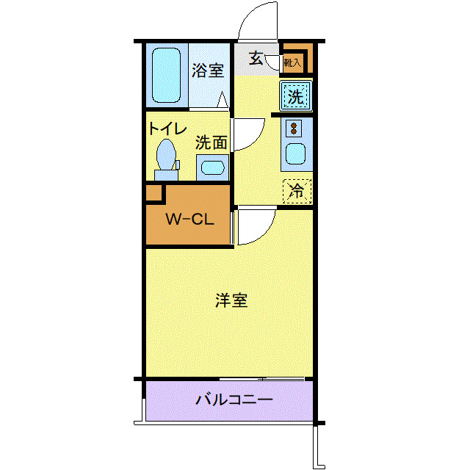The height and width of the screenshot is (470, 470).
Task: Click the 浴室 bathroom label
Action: click(208, 71)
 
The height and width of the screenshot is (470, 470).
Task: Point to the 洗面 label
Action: click(211, 142)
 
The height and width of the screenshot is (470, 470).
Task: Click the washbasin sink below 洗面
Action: click(213, 167)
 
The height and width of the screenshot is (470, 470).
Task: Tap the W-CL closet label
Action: click(189, 220)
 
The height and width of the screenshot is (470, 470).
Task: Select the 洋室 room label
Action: click(231, 300)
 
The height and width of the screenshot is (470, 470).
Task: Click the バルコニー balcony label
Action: click(234, 400)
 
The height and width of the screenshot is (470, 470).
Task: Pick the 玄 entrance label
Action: click(256, 58)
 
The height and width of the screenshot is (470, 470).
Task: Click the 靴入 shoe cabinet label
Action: click(292, 63)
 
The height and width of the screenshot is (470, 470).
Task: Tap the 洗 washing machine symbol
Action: click(295, 95)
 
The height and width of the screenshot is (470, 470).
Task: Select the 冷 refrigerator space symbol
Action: click(297, 191)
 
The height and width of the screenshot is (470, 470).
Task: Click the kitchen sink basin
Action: click(295, 155)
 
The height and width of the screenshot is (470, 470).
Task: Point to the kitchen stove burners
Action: click(294, 129)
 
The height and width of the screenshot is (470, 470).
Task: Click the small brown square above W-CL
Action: click(153, 193)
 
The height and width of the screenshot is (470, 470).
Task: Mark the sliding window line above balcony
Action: click(262, 379)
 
